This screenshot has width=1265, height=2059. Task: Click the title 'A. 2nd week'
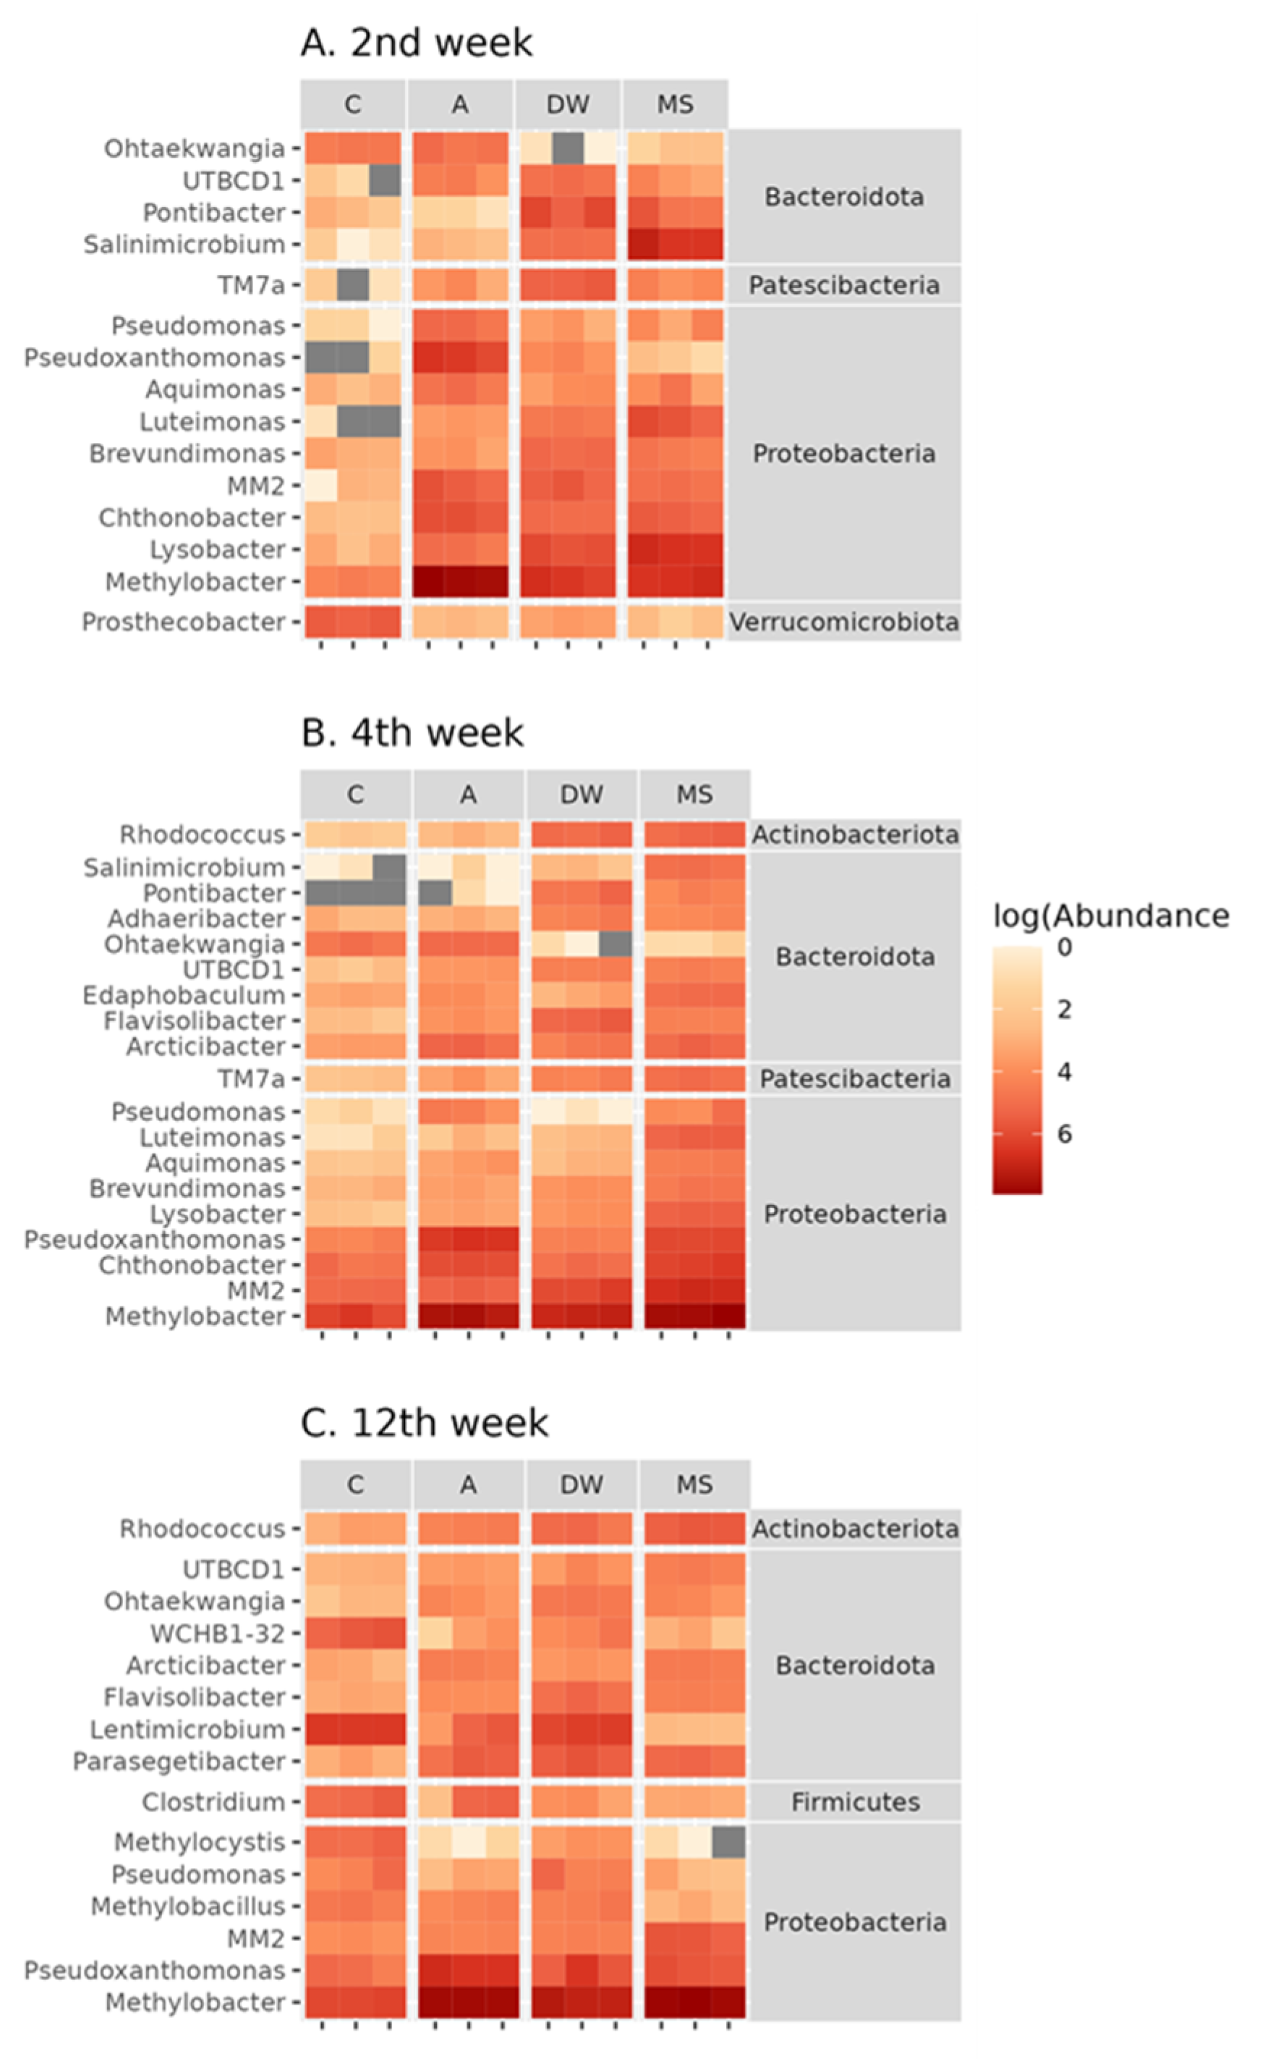pos(416,43)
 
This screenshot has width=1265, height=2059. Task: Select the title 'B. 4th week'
pos(412,733)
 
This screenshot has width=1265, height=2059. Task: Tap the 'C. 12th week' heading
pos(424,1423)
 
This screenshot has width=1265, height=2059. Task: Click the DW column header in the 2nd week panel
pos(568,105)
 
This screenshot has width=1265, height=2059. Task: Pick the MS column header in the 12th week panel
pos(694,1485)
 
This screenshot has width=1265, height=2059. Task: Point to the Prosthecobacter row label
pos(183,622)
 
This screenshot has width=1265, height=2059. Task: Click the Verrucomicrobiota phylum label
pos(843,622)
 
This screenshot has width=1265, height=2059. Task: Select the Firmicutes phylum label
pos(855,1802)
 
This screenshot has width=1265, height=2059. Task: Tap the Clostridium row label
pos(213,1802)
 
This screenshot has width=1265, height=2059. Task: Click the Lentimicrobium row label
pos(187,1730)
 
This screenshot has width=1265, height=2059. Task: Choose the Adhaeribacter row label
pos(196,919)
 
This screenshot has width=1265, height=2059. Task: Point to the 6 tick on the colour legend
pos(1064,1134)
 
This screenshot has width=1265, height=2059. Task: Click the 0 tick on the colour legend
pos(1064,947)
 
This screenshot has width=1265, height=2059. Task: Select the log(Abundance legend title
pos(1111,916)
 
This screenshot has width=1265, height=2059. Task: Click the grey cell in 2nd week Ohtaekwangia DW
pos(568,148)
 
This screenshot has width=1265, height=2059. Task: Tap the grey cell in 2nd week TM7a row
pos(353,285)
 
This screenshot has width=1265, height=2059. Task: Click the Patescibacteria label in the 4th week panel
pos(855,1079)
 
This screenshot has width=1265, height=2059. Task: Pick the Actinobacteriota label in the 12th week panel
pos(855,1529)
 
